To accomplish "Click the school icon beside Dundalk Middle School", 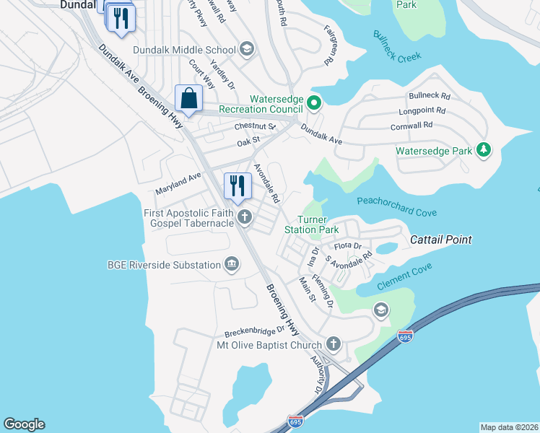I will [x=247, y=50].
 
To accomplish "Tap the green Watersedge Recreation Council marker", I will [x=314, y=103].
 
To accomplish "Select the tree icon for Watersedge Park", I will [x=484, y=151].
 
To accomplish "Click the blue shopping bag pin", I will [x=188, y=99].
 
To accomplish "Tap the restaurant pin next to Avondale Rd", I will [x=237, y=187].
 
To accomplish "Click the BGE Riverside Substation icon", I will [x=232, y=265].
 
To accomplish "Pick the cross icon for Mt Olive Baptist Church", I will [x=333, y=344].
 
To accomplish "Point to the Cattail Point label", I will [x=441, y=240].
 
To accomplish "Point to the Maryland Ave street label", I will [x=178, y=184].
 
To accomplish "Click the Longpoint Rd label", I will [x=422, y=112].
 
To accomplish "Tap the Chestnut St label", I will [x=255, y=127].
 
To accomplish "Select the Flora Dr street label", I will [x=347, y=246].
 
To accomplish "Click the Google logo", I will [x=24, y=424].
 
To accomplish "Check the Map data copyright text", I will [x=508, y=427].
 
